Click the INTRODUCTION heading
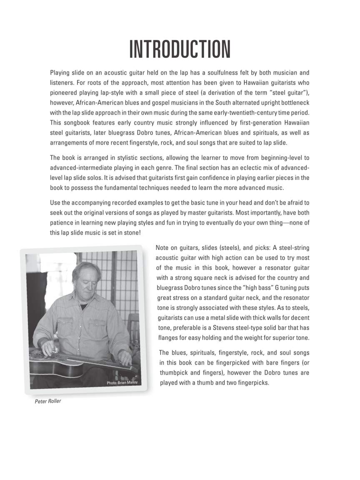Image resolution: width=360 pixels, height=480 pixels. tap(180, 49)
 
